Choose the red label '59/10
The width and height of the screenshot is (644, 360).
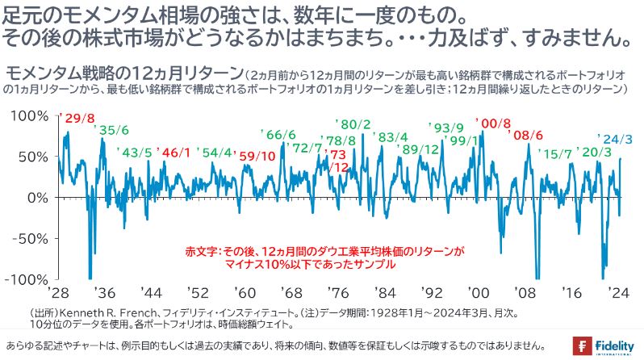[257, 155]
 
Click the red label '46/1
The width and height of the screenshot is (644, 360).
[175, 153]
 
